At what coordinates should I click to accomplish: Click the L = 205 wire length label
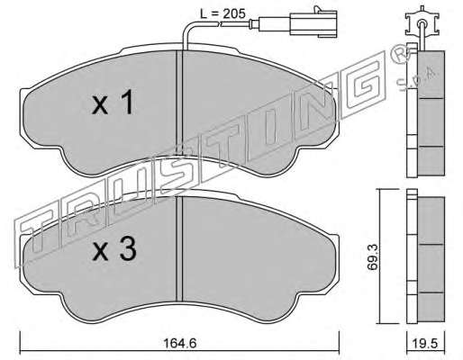[x=222, y=13]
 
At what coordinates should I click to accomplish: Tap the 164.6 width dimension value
[x=180, y=343]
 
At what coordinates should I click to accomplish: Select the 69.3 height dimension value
[x=373, y=257]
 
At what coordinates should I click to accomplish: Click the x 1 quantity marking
[x=113, y=103]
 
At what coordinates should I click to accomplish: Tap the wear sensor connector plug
[x=313, y=22]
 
